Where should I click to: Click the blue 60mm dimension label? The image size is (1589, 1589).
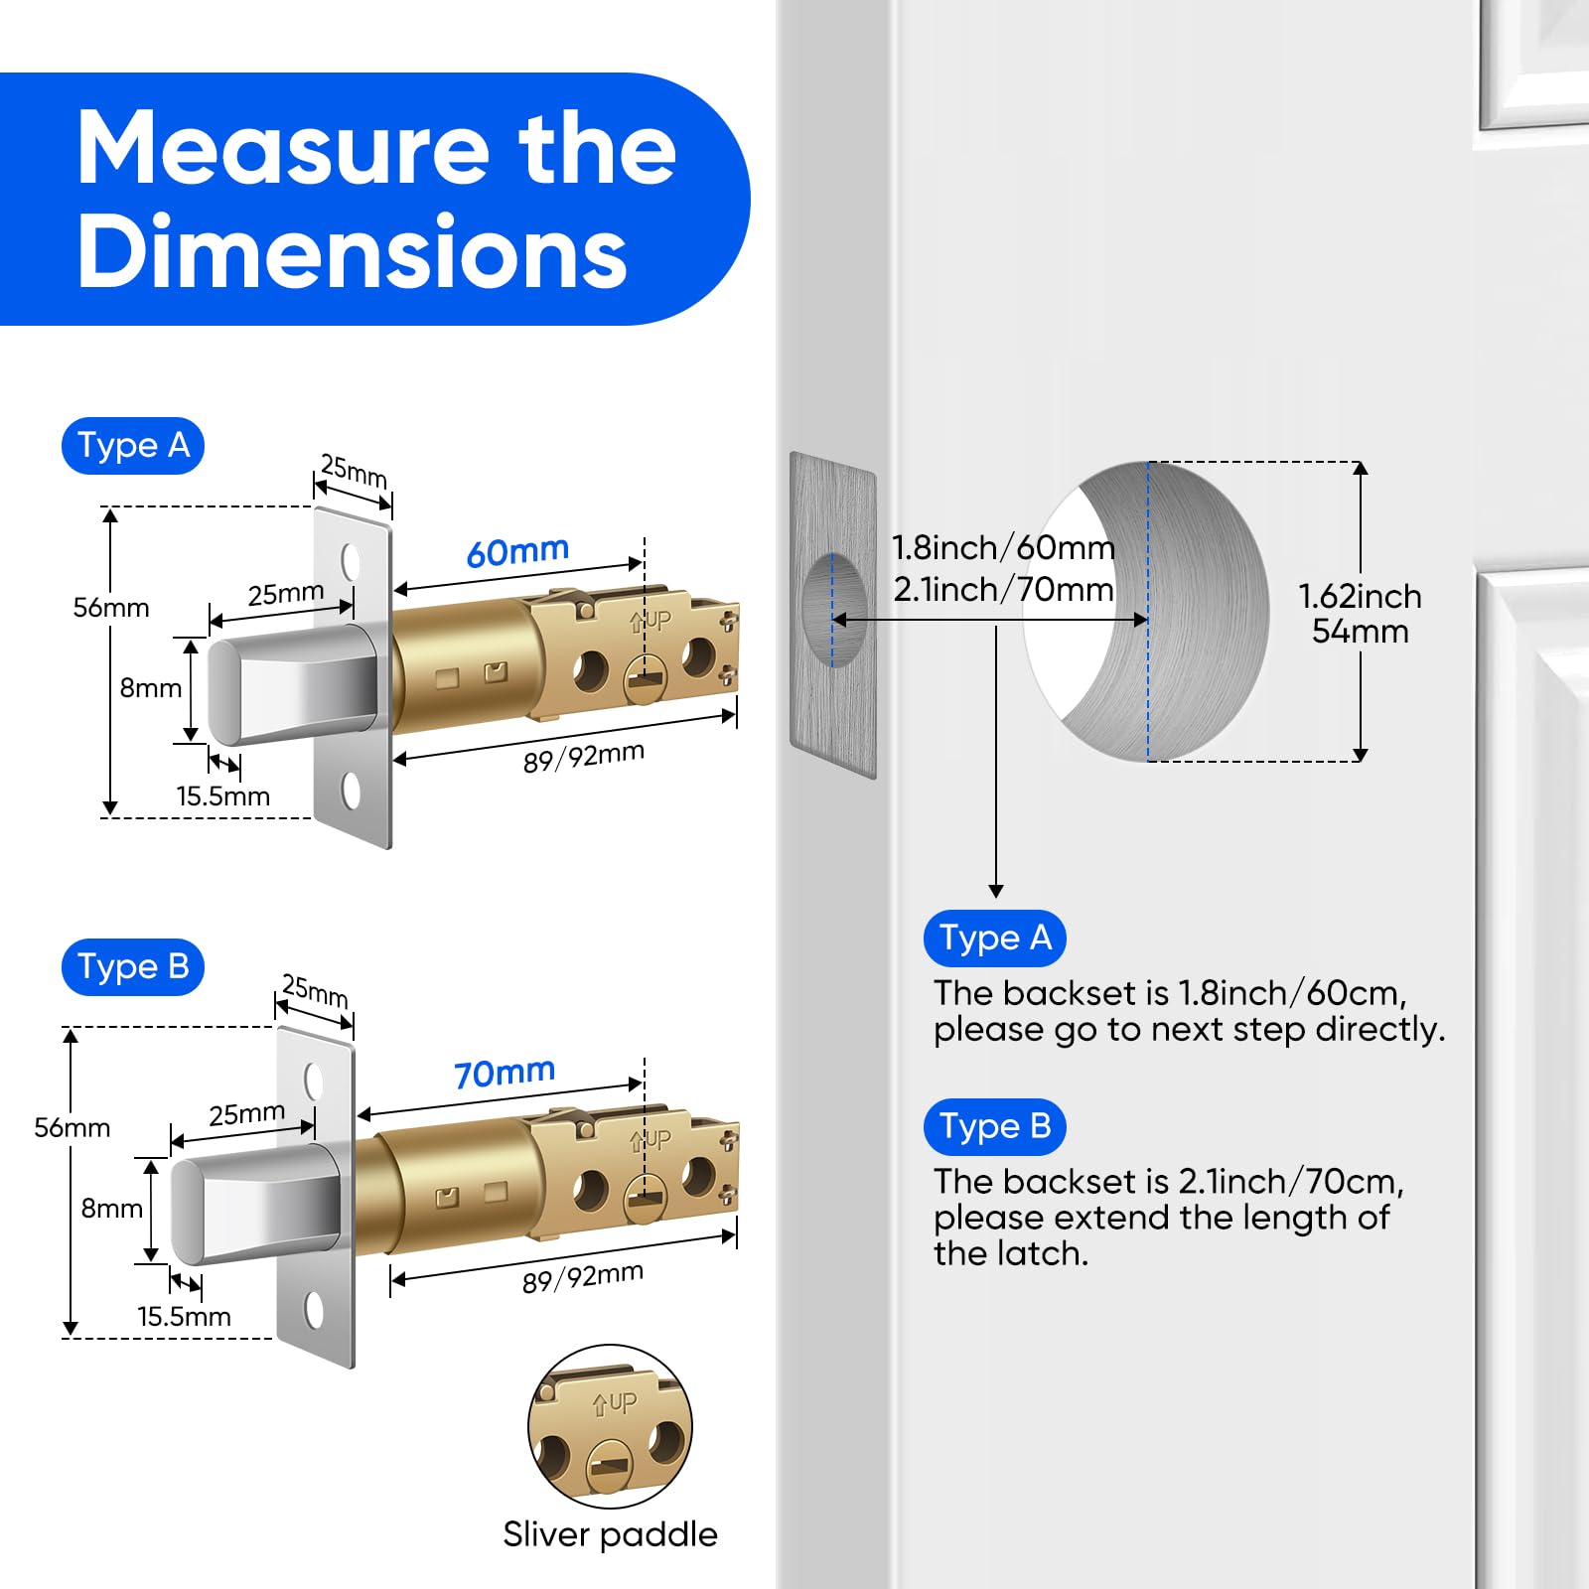517,551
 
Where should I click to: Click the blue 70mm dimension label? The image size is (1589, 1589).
505,1073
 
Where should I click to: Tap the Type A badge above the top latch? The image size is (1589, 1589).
133,446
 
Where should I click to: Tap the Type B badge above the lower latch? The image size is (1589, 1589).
133,967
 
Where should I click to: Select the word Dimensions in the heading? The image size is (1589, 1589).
353,252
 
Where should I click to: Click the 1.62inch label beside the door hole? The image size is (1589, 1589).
1360,596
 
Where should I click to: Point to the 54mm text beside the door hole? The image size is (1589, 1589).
1360,632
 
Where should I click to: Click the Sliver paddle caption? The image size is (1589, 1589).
610,1534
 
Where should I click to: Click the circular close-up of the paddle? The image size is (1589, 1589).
610,1427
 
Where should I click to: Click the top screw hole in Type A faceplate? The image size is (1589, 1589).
351,561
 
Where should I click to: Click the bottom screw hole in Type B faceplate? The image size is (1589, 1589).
314,1310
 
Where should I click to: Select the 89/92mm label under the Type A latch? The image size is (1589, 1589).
584,758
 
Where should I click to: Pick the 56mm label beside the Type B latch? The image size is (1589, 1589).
72,1128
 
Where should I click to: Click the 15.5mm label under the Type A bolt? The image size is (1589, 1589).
223,796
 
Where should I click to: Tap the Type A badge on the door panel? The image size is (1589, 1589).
994,939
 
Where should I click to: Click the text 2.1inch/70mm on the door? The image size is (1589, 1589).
1003,590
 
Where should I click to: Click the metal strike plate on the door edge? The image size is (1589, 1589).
833,616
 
